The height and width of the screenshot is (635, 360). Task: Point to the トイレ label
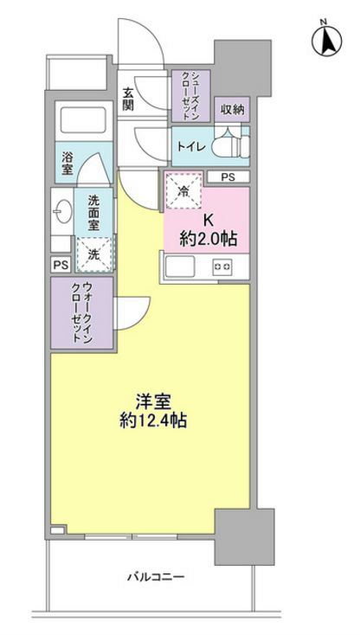(191, 146)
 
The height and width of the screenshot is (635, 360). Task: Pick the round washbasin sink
(61, 210)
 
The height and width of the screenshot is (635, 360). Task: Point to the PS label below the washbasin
(61, 266)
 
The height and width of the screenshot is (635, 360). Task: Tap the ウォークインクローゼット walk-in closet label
(80, 316)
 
